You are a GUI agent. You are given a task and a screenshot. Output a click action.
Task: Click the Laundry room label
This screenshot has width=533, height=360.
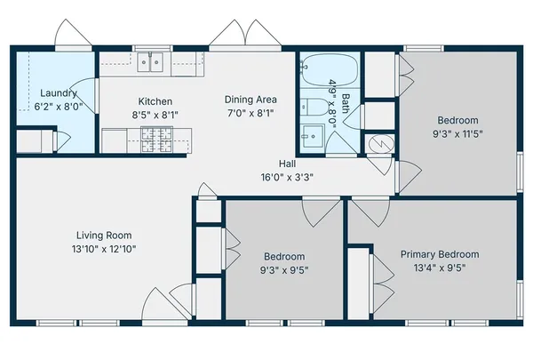59,93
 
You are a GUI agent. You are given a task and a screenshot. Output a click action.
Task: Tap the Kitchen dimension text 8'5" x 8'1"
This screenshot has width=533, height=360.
155,115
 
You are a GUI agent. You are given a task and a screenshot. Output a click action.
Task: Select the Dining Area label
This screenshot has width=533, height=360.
251,100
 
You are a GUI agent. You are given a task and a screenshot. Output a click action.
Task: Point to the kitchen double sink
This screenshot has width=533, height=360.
150,62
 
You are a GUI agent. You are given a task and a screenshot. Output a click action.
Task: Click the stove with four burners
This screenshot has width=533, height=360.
156,140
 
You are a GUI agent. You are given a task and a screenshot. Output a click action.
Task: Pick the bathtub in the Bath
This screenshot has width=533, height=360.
330,70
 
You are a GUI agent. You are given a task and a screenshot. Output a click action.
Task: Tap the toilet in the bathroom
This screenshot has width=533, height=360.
314,107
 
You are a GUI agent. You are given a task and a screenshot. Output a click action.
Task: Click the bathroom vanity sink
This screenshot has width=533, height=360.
313,136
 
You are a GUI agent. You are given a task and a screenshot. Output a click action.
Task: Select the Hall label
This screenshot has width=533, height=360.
287,164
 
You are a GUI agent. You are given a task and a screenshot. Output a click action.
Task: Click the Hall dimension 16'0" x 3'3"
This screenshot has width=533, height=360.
287,177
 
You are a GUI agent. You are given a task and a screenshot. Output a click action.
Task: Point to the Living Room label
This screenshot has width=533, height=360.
104,236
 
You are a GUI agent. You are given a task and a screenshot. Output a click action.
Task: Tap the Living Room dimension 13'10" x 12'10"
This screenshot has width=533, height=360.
104,249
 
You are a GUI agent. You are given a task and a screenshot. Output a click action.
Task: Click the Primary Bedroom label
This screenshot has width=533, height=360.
440,254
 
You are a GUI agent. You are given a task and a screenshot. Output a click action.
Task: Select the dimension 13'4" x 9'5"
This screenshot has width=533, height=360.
440,268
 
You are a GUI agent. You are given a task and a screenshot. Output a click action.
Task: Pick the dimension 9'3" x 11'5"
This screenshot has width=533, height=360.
457,133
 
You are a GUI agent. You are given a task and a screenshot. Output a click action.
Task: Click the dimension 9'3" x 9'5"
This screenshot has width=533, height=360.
284,270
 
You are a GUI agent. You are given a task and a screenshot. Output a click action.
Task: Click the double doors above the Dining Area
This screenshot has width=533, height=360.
245,34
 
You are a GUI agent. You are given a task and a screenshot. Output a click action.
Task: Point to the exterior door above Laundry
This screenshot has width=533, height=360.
73,33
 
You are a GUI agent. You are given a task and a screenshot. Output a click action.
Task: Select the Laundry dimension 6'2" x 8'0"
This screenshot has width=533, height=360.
59,107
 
